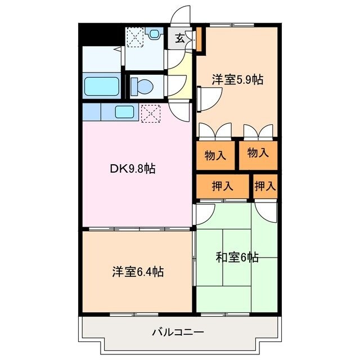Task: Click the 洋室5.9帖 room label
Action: click(x=237, y=80)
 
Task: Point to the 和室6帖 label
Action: click(x=237, y=258)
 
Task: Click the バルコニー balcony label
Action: click(x=177, y=332)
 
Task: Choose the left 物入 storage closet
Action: click(x=215, y=154)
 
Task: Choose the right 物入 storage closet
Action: click(x=258, y=154)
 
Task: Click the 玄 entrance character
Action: click(x=179, y=39)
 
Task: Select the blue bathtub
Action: click(x=101, y=87)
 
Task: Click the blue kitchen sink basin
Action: click(x=124, y=111)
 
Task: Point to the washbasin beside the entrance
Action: click(x=154, y=34)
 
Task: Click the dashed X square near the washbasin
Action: click(x=135, y=38)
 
